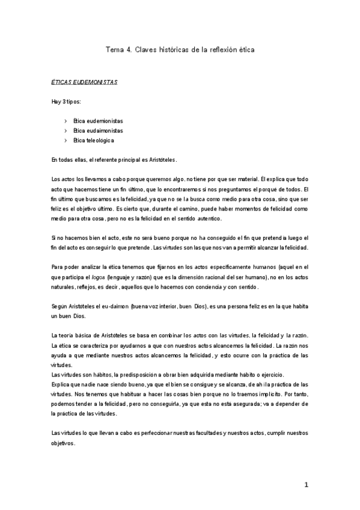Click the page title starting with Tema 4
pos(180,50)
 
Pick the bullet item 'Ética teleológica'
pos(94,140)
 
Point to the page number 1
pos(306,485)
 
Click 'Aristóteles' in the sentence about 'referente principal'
pos(159,159)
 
